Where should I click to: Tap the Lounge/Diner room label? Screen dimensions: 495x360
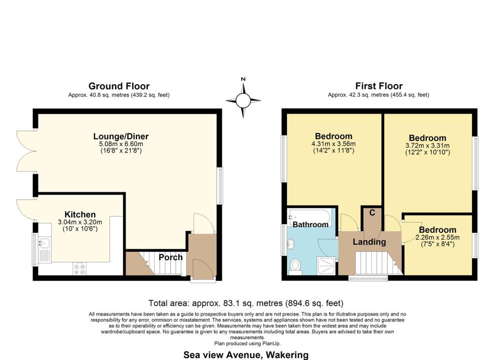coord(121,136)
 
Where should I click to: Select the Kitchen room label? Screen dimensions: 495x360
coord(80,214)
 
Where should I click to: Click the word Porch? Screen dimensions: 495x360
coord(171,257)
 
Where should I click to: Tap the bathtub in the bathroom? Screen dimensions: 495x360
coord(309,217)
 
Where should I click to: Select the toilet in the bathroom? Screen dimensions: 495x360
coord(295,266)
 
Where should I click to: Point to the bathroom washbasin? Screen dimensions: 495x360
coord(291,244)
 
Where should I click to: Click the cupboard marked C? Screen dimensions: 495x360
coord(372,219)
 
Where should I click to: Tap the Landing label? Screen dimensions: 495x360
coord(369,242)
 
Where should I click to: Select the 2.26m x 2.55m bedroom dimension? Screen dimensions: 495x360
coord(437,238)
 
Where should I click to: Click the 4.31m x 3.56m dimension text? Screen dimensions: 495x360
coord(334,144)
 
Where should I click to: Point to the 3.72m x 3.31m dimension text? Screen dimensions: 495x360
coord(427,146)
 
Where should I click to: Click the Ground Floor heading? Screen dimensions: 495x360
coord(119,86)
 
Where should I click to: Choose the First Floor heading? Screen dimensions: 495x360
coord(379,86)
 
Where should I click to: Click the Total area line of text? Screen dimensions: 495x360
coord(246,303)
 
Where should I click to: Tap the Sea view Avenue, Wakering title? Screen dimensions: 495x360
coord(246,355)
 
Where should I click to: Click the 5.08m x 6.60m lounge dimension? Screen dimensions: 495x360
coord(121,144)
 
